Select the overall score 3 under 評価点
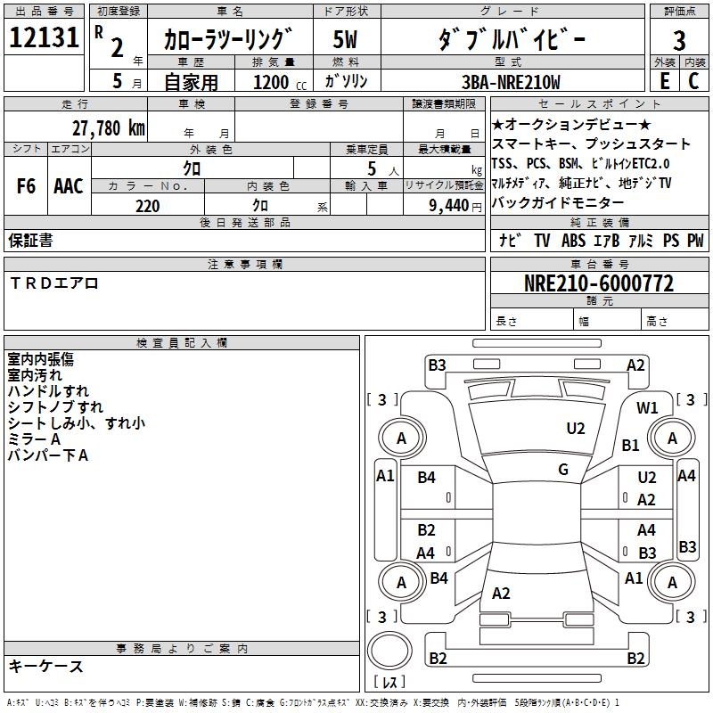(x=679, y=41)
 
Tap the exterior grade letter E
(x=664, y=81)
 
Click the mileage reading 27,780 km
(x=108, y=127)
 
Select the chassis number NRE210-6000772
(x=599, y=284)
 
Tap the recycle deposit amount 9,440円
(x=451, y=206)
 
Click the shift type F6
(x=26, y=186)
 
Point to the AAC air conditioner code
(x=68, y=186)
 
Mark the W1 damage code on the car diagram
(x=647, y=408)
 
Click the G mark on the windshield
(x=563, y=470)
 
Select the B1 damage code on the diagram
(x=631, y=445)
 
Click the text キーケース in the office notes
(x=46, y=666)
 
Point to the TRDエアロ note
(x=54, y=283)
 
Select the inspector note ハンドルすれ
(x=48, y=391)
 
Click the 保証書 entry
(x=30, y=241)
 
